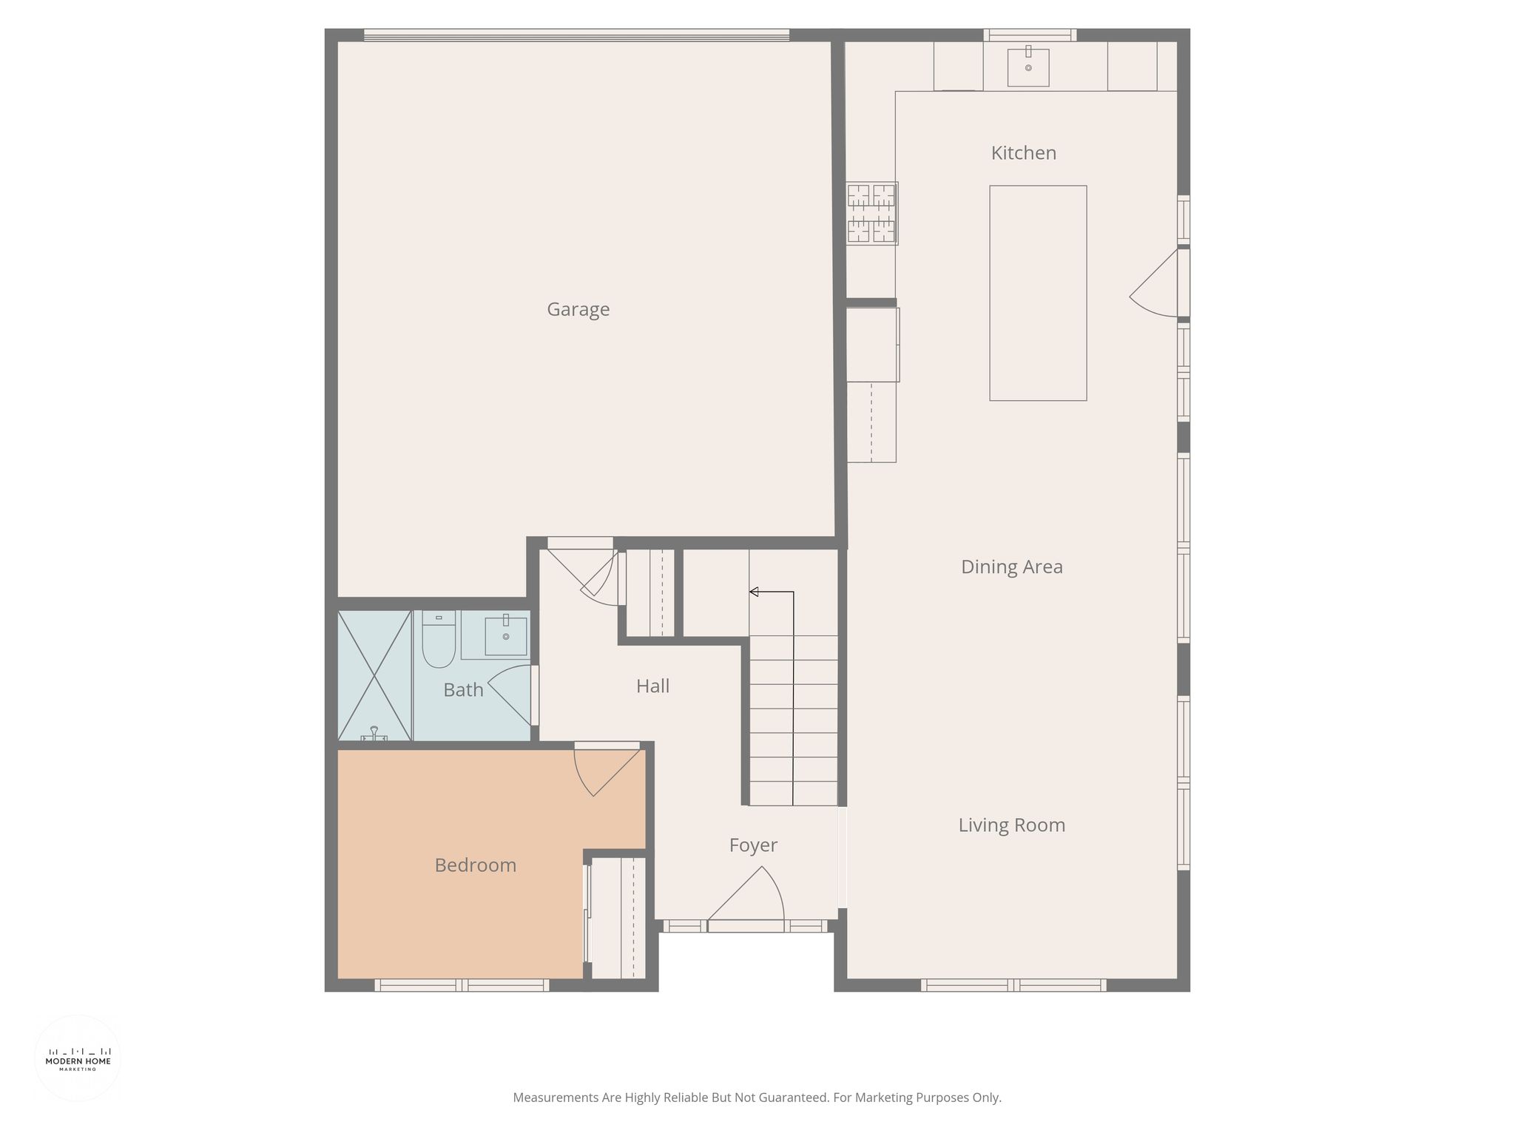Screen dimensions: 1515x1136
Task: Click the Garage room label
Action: [578, 309]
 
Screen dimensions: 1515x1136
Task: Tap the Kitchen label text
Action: [1023, 153]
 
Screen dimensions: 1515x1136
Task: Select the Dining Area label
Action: [1011, 567]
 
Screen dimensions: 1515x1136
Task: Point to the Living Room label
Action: [1011, 825]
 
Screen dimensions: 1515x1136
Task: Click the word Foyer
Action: [753, 845]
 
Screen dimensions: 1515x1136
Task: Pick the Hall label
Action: [652, 686]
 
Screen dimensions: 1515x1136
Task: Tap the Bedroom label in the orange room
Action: [475, 865]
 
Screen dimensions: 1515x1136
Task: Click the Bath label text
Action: [463, 690]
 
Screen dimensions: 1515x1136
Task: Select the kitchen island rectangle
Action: [1038, 293]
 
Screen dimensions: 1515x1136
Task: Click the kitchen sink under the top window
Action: [1028, 66]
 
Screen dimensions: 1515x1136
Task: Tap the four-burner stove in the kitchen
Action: [872, 213]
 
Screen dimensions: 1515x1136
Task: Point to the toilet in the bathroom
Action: [439, 640]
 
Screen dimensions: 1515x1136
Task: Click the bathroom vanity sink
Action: [506, 635]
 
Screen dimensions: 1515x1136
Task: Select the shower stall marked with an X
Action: [374, 676]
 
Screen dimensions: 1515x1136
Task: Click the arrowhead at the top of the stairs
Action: [754, 592]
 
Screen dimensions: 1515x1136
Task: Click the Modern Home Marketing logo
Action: [78, 1058]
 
